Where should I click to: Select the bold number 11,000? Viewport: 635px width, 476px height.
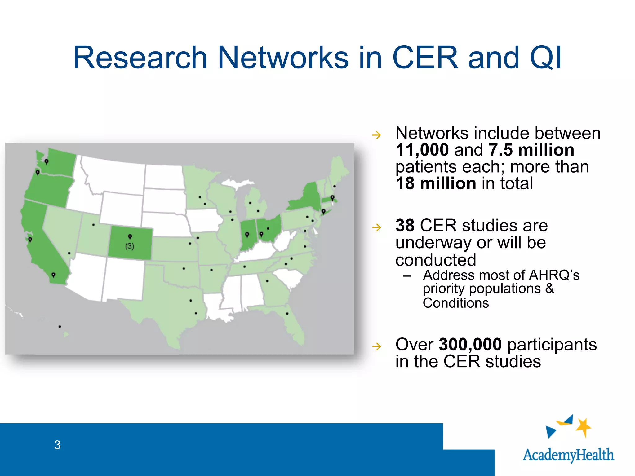(422, 150)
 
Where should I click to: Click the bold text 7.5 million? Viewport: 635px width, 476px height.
(531, 150)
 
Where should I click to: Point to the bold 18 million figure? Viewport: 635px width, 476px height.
(436, 183)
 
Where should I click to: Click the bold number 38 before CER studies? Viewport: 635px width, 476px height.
(405, 226)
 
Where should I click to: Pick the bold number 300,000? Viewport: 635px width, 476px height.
(470, 344)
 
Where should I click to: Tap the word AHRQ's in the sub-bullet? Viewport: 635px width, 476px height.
(554, 275)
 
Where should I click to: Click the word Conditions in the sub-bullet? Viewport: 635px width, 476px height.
(455, 303)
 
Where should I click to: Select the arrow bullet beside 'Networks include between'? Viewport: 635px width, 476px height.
(376, 135)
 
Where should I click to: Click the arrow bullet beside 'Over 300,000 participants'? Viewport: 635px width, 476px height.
(376, 346)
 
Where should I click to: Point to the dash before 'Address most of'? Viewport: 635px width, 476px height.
(407, 276)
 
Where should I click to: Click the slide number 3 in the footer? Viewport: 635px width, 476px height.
(57, 445)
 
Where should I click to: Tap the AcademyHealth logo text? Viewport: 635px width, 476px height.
(568, 455)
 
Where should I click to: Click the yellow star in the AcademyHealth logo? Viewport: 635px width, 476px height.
(584, 427)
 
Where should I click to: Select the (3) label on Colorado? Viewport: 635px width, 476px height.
(130, 246)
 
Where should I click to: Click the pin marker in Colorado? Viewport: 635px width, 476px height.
(130, 237)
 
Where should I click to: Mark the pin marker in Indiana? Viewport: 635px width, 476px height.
(247, 235)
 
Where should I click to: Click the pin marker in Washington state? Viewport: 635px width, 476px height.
(47, 161)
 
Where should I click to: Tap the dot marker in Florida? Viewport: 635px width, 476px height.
(287, 314)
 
